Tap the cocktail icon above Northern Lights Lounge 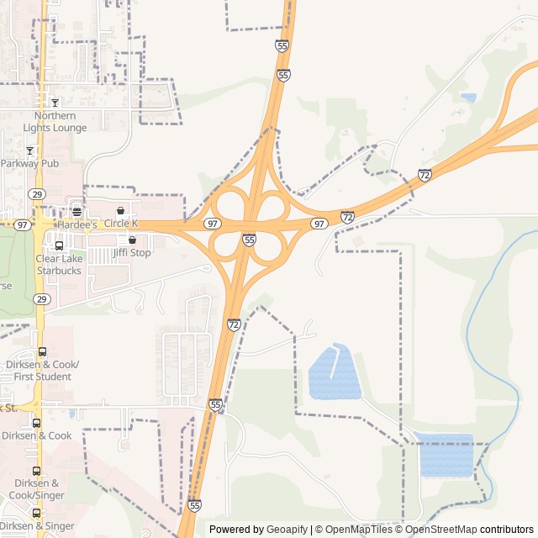[55, 103]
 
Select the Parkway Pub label [29, 163]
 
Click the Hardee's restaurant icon [76, 211]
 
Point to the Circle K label [122, 224]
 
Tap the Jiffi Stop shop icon [132, 240]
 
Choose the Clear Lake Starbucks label [59, 265]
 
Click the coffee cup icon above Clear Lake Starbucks [59, 245]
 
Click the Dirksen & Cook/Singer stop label [37, 489]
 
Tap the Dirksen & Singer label [37, 526]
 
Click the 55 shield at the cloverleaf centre [250, 240]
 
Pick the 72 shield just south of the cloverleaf [234, 324]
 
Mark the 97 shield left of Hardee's [23, 225]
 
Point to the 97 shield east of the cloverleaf [319, 224]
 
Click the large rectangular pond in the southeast [446, 456]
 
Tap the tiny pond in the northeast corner [468, 98]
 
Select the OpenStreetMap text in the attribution [441, 530]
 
